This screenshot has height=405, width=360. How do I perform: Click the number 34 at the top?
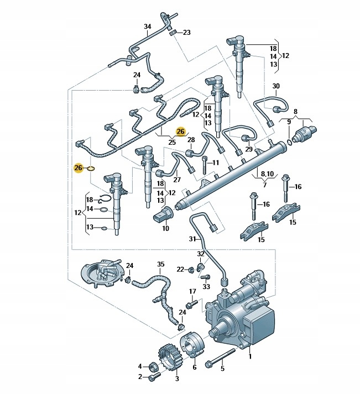[147, 27]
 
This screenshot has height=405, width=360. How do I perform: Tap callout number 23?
[186, 33]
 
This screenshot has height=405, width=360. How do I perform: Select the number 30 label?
[276, 86]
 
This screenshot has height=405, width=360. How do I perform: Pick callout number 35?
[160, 264]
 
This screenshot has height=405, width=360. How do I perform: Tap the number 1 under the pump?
[249, 356]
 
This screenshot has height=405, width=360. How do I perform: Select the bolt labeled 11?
[205, 164]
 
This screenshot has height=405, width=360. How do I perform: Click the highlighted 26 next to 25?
[180, 132]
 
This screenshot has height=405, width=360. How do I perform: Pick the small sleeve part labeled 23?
[173, 33]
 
